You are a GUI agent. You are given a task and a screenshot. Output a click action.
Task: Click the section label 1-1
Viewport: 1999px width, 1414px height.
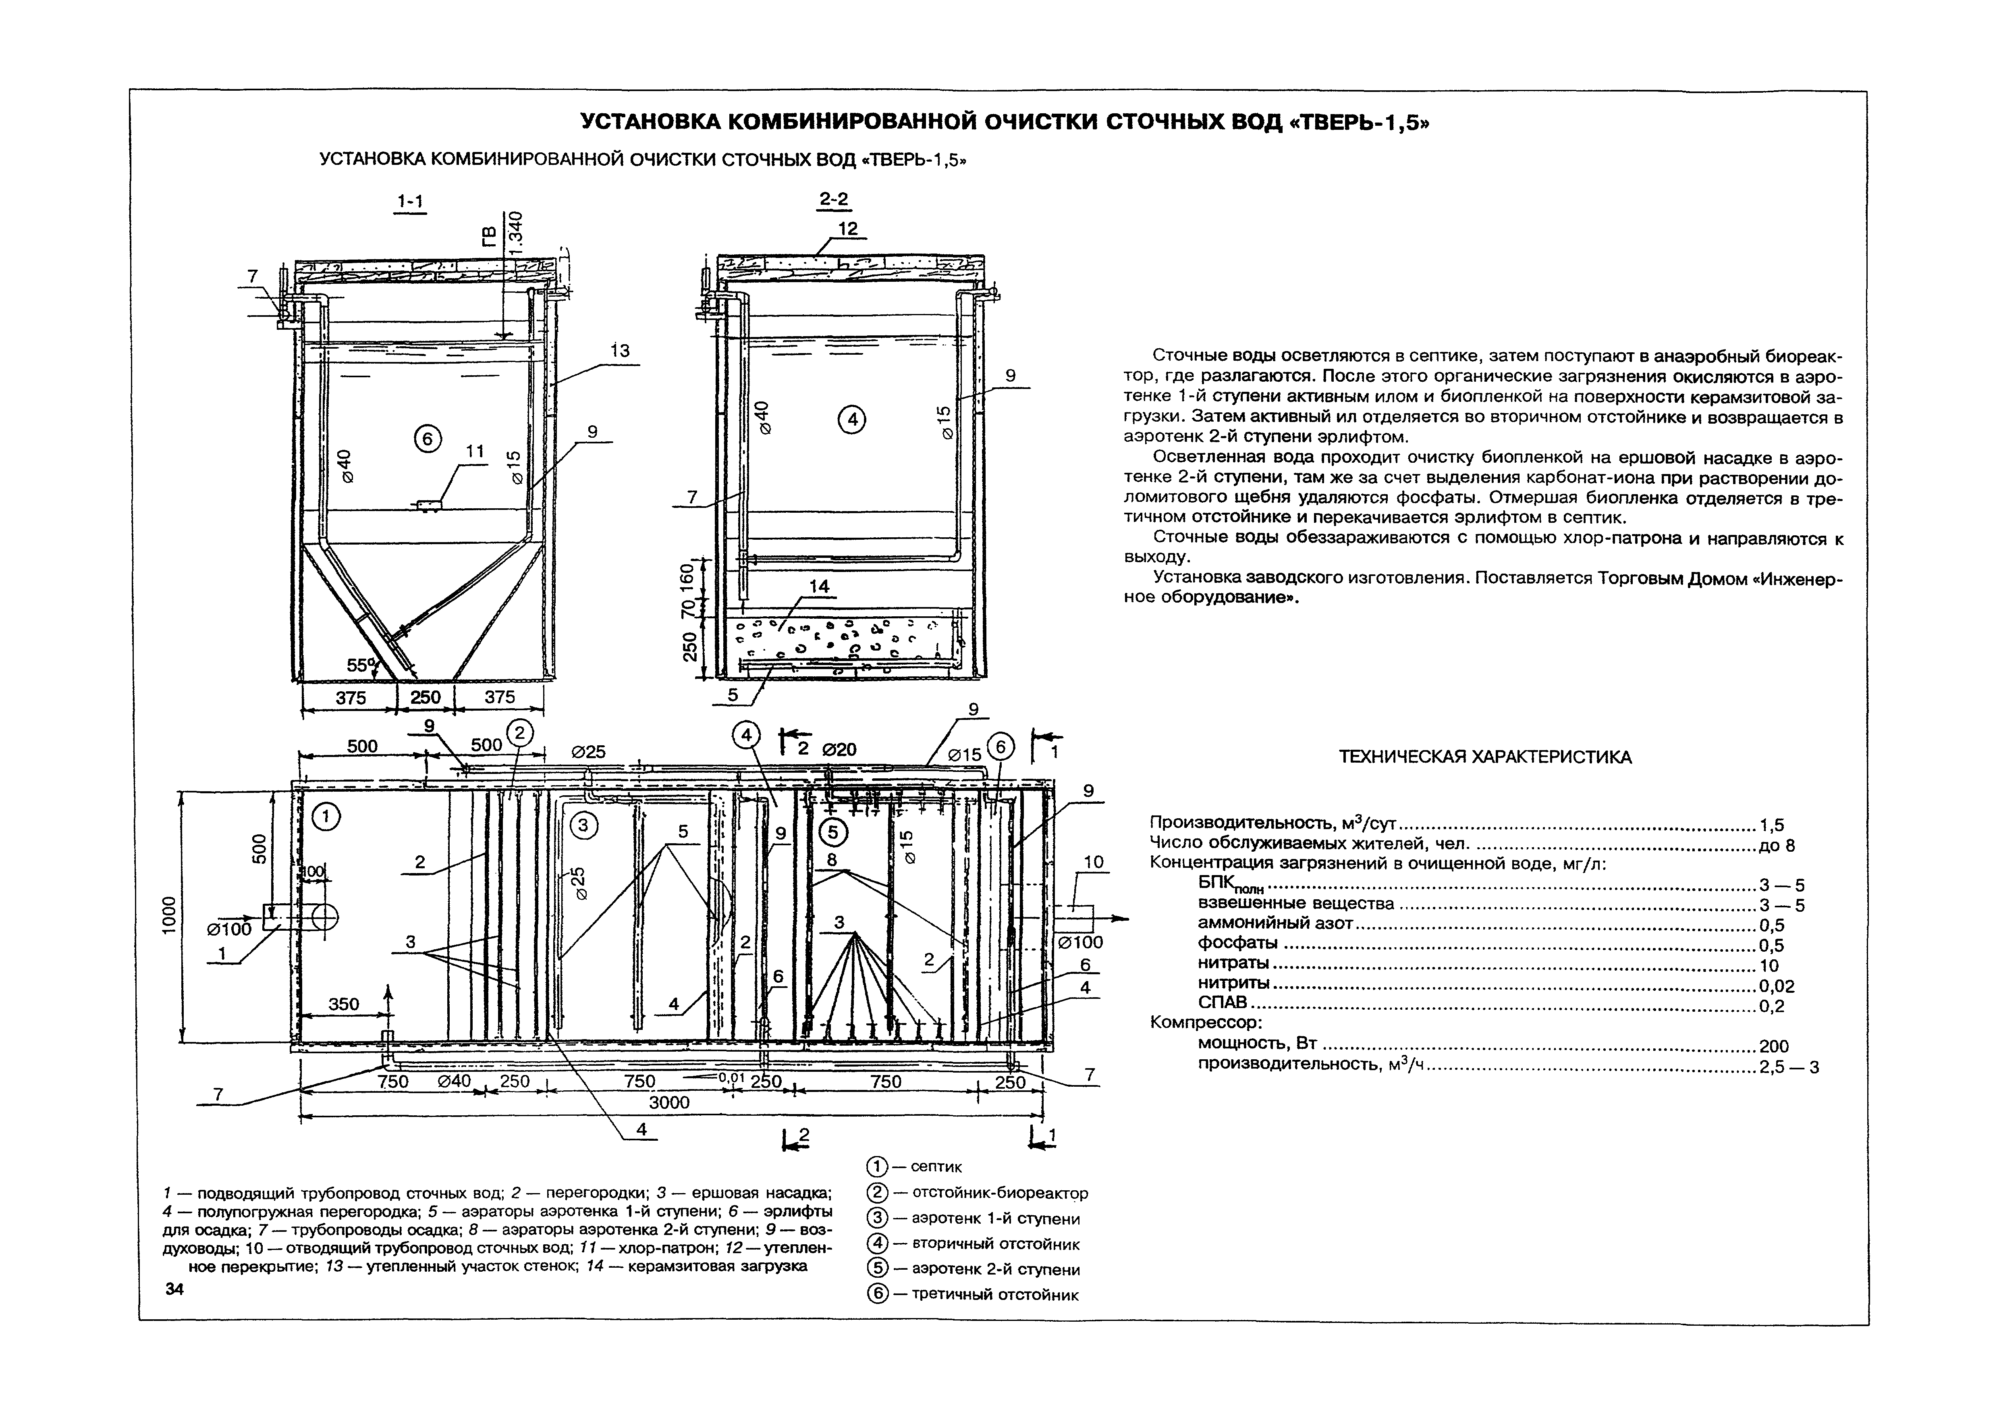pos(410,202)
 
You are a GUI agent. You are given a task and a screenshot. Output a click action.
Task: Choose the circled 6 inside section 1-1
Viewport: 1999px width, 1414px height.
pos(427,440)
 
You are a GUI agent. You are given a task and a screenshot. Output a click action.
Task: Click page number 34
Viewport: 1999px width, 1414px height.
pos(174,1289)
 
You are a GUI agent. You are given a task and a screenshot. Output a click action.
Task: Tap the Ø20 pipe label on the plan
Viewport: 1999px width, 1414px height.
pos(839,749)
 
